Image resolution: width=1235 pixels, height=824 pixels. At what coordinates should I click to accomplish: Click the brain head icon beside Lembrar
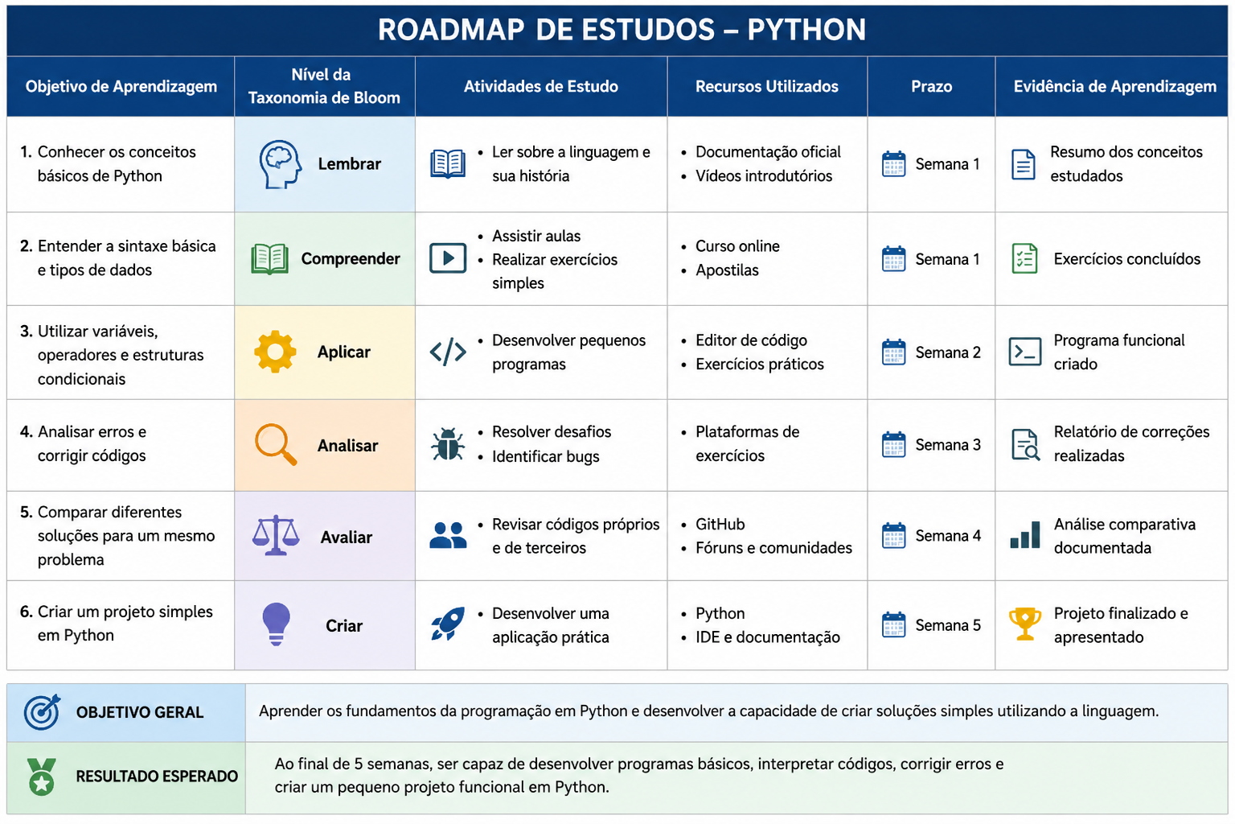280,164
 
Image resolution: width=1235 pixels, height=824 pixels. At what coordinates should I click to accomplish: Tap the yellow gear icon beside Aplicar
275,352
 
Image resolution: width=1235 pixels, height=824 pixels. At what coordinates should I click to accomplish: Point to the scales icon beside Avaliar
276,535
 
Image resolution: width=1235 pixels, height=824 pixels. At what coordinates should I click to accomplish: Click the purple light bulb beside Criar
277,624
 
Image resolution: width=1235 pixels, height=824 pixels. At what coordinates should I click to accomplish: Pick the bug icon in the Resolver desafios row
448,443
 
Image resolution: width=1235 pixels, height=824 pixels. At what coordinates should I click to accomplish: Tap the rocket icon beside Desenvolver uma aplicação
448,624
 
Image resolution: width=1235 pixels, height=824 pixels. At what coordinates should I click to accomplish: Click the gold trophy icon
1025,624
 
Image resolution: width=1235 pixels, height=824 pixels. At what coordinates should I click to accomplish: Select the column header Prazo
931,87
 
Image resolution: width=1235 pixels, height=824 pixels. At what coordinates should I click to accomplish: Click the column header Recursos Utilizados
766,87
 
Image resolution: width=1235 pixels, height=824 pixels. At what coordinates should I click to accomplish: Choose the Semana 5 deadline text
948,625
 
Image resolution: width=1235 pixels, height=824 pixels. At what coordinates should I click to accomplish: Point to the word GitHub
720,524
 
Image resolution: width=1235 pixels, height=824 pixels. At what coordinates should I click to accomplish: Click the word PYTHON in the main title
806,30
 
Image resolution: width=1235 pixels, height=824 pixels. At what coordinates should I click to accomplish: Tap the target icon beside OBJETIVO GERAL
42,712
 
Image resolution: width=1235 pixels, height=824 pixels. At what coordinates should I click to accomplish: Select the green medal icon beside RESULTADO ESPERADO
41,777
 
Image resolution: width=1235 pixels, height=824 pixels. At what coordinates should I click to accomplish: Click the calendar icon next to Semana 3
893,444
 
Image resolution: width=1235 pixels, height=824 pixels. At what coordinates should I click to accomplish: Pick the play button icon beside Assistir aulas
448,258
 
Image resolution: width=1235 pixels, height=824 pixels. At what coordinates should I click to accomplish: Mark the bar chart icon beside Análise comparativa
1025,535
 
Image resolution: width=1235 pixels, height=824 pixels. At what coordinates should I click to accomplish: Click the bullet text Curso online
737,246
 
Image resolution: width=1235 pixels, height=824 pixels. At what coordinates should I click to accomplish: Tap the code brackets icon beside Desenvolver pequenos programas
448,352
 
